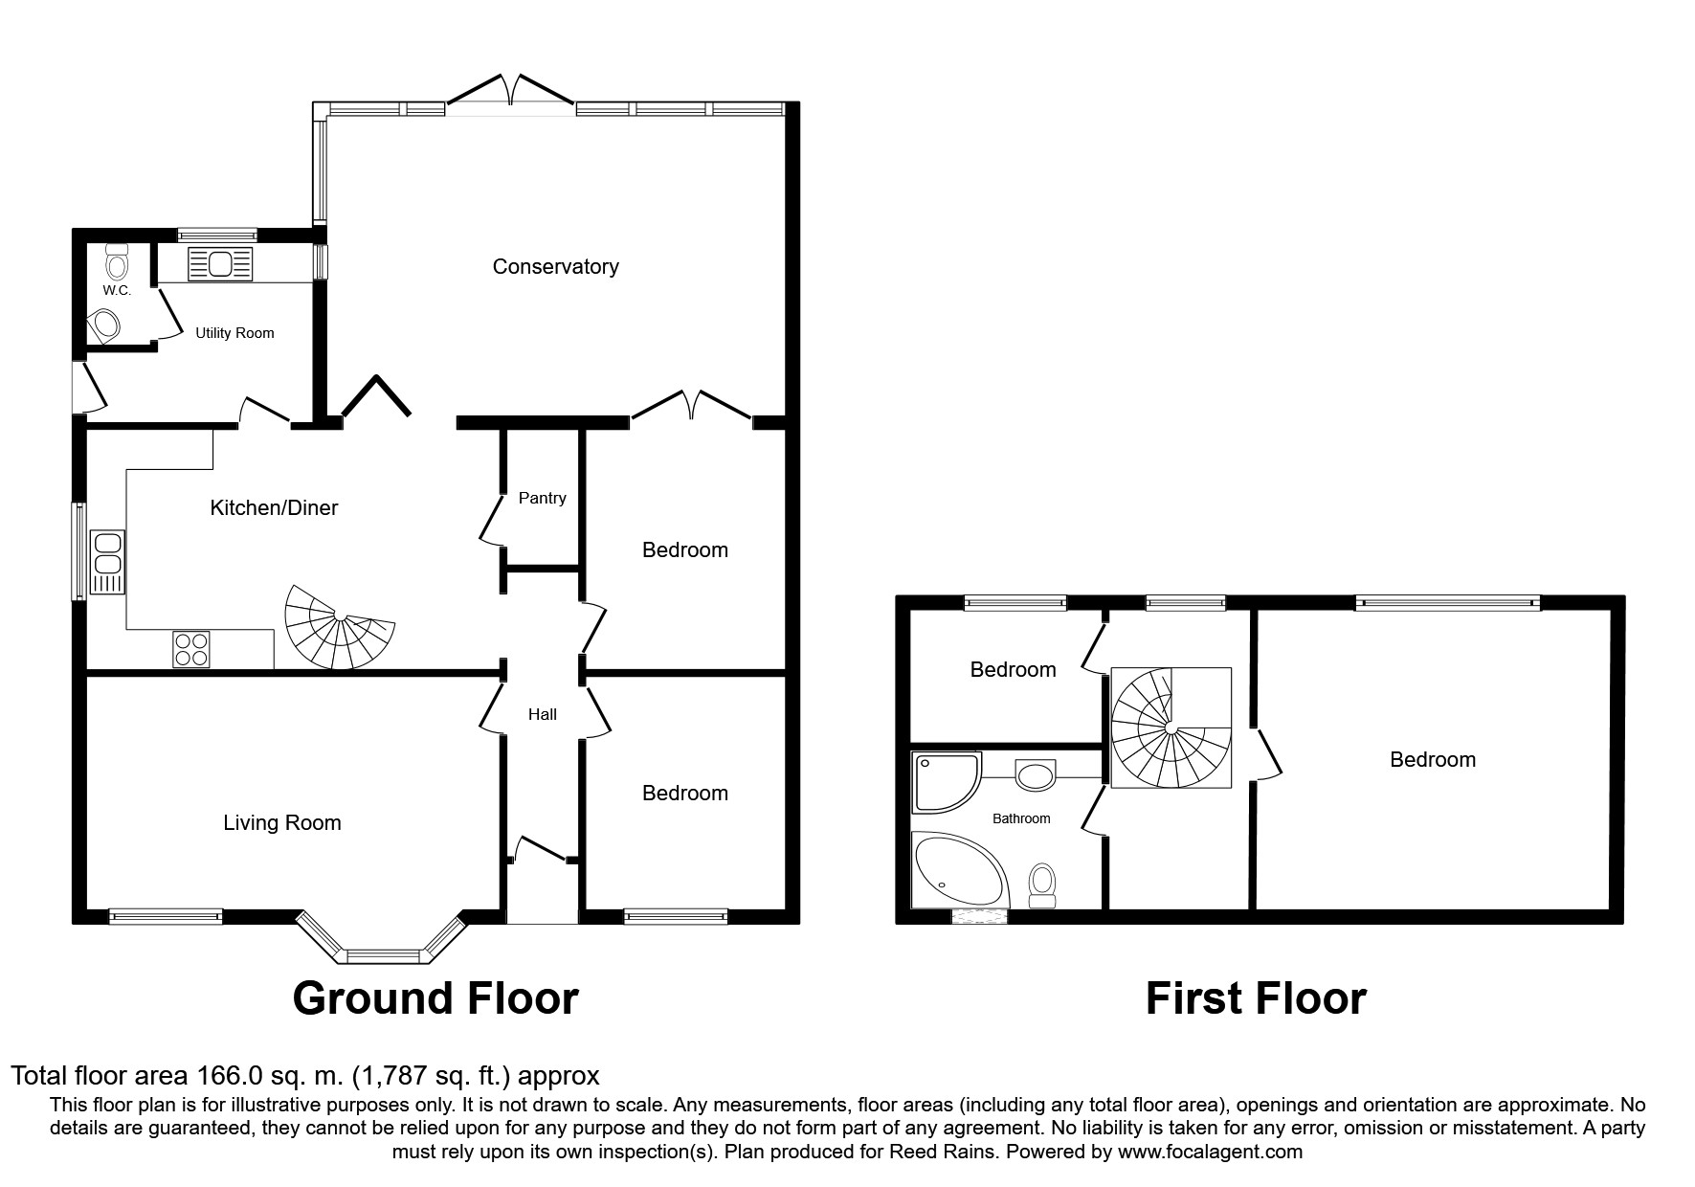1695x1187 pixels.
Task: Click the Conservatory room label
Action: (555, 267)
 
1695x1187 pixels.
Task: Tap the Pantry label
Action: (542, 498)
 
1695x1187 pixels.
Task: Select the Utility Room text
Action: (234, 333)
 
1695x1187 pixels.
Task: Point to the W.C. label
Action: (117, 290)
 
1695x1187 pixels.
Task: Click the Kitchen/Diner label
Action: (274, 508)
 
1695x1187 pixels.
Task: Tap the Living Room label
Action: (282, 823)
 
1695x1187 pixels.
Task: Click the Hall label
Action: (543, 714)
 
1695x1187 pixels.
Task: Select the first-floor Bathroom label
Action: (1021, 818)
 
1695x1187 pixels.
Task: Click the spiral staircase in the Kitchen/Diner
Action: (339, 627)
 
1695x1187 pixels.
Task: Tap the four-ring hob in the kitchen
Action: (191, 649)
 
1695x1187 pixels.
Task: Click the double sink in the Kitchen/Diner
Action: (106, 562)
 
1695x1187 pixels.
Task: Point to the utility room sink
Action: (220, 264)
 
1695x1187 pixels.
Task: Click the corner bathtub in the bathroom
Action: (961, 869)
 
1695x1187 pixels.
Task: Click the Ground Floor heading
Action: (435, 998)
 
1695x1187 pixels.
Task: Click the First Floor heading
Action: (1256, 998)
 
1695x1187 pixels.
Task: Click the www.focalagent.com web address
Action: (1210, 1152)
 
